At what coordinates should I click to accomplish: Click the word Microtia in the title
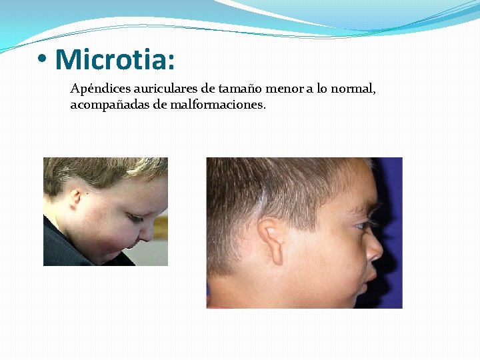(x=115, y=59)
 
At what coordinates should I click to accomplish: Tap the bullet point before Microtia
(x=43, y=60)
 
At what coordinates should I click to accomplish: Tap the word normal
(x=354, y=89)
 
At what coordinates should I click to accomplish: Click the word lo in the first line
(x=323, y=89)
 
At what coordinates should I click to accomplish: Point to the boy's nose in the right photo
(x=375, y=249)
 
